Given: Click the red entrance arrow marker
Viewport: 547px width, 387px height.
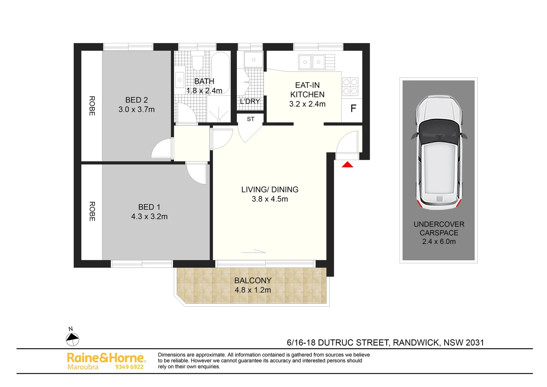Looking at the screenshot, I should click(347, 164).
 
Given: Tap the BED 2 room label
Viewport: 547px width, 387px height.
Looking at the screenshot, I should click(136, 100).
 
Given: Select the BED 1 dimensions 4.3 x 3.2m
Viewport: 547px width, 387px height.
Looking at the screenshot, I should click(149, 216).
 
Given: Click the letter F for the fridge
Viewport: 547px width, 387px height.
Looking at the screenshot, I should click(353, 109).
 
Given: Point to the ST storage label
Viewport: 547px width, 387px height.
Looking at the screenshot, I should click(251, 119).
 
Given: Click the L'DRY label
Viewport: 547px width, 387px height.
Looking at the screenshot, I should click(250, 101).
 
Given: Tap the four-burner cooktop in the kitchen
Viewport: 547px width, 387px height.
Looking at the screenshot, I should click(350, 86).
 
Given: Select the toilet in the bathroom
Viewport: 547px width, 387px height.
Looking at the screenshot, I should click(197, 61).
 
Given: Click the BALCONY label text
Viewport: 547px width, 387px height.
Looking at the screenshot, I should click(253, 281).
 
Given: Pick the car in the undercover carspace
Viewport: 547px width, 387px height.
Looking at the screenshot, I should click(439, 153).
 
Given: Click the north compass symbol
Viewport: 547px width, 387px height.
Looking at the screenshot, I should click(72, 339).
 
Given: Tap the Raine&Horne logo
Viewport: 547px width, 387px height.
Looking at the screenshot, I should click(106, 358).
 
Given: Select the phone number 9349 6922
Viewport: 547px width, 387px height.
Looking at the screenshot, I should click(129, 367).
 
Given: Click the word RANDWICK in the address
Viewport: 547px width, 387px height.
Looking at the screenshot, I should click(416, 343).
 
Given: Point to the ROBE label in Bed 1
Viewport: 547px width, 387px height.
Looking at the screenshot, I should click(92, 211).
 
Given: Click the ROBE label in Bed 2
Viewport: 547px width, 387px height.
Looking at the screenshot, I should click(92, 106).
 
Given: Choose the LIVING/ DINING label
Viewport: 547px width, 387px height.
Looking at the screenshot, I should click(270, 190).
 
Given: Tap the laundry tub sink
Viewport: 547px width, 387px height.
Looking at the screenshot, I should click(253, 59).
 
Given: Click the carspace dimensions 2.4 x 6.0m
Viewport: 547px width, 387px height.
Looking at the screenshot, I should click(439, 242).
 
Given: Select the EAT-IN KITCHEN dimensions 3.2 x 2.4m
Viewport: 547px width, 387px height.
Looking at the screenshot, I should click(307, 104).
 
